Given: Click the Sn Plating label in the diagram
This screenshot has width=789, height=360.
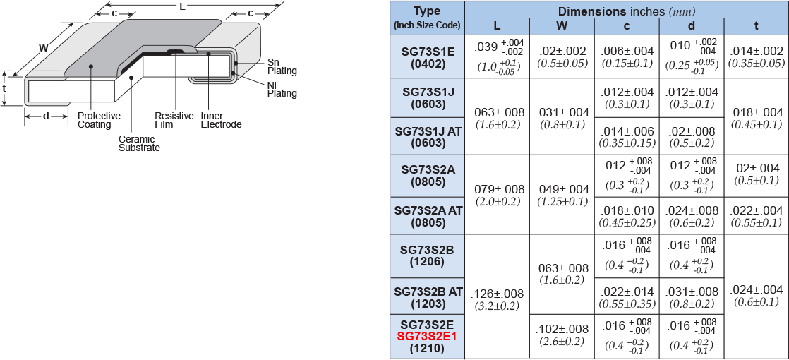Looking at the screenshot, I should click(282, 66).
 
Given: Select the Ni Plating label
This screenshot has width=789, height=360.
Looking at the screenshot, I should click(282, 89).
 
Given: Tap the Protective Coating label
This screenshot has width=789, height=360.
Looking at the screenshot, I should click(99, 120).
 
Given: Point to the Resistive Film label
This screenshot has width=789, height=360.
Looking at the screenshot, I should click(174, 120).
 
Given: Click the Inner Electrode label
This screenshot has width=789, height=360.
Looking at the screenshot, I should click(221, 120).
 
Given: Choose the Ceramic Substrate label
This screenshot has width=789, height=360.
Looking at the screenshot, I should click(139, 143).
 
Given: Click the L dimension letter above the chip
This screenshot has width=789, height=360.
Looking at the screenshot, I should click(182, 6).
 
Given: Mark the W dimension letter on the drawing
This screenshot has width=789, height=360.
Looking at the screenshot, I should click(43, 48).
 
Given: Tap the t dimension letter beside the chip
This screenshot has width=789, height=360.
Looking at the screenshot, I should click(4, 88).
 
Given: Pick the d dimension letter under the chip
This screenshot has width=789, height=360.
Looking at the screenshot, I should click(46, 116).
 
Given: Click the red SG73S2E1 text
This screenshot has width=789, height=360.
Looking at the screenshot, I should click(427, 336).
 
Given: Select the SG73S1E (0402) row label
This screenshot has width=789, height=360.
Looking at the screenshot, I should click(428, 56).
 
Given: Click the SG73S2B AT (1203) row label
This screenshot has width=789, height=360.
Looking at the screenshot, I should click(428, 297).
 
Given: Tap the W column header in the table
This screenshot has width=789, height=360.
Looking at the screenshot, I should click(562, 26).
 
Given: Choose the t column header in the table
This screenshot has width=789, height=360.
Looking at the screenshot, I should click(756, 26).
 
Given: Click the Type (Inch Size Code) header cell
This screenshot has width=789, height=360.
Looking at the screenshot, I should click(427, 18).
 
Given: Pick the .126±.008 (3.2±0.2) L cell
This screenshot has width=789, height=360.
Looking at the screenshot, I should click(497, 299).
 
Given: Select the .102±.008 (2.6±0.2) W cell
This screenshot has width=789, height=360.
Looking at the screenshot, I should click(562, 335).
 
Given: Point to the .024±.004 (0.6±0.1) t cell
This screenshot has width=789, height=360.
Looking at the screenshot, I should click(756, 295).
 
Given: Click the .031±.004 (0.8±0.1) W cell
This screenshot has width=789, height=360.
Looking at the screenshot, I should click(562, 118).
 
